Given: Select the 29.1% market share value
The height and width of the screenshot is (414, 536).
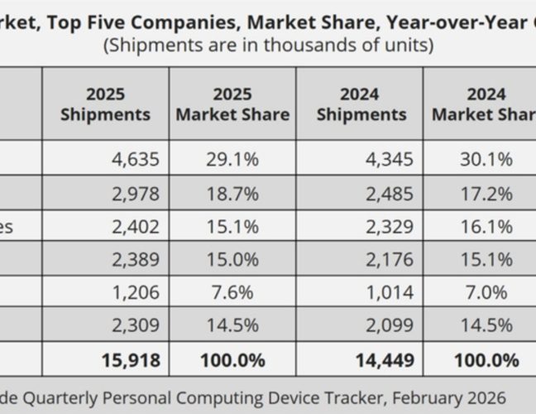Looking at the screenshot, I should click(x=232, y=159).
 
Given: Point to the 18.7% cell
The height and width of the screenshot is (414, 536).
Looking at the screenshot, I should click(x=232, y=195).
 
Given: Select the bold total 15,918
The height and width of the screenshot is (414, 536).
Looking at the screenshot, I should click(x=130, y=361).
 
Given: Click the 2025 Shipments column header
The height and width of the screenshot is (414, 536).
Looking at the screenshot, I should click(x=106, y=103).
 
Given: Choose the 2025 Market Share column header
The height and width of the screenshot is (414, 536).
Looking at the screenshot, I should click(x=232, y=103).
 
